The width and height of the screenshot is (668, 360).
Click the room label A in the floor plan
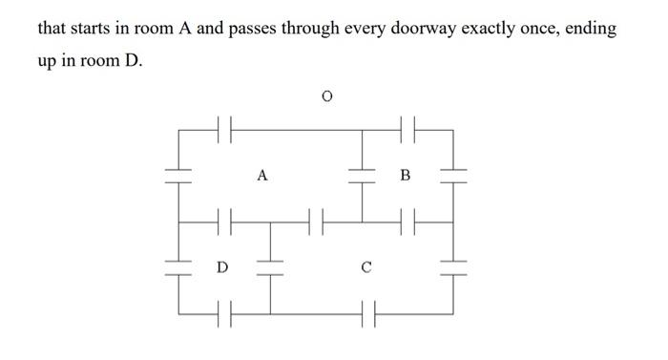[x=262, y=176]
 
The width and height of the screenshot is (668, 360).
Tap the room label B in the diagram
[x=406, y=176]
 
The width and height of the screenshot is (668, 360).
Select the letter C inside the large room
[x=365, y=267]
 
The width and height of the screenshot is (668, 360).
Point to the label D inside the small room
[x=221, y=267]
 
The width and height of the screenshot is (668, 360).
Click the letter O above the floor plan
[x=327, y=96]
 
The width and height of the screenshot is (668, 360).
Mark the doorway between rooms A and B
[x=362, y=175]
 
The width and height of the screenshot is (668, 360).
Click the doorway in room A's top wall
[x=225, y=127]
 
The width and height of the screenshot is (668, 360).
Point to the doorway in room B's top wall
[x=407, y=127]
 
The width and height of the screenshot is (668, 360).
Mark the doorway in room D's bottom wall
[x=225, y=312]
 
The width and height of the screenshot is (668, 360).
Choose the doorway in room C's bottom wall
[x=367, y=312]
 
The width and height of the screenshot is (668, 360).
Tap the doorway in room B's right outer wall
[x=453, y=175]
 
